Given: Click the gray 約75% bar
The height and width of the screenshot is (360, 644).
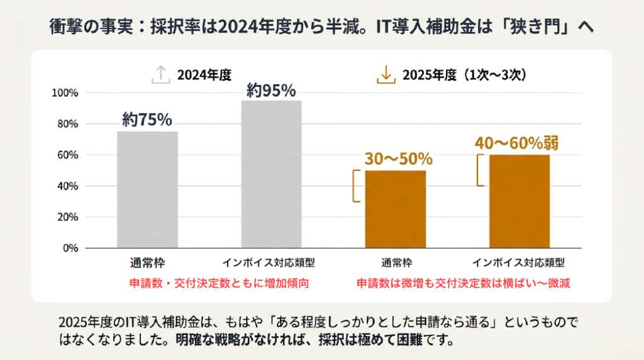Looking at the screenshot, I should [x=147, y=189].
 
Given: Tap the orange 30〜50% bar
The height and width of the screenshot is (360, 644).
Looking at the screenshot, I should [x=395, y=209].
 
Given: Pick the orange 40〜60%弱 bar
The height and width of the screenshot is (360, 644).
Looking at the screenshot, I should [x=519, y=201].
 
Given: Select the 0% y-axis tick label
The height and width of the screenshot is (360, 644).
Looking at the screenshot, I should [x=70, y=248].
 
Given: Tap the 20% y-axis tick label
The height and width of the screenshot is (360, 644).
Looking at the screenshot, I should [x=67, y=217].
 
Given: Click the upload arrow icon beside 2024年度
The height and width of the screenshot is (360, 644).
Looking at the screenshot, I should [x=161, y=76].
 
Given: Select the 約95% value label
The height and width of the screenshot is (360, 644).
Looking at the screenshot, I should [x=271, y=91].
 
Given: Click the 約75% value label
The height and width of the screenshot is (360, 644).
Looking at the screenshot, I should [x=147, y=120].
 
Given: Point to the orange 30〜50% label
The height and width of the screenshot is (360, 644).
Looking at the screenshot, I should [x=398, y=158].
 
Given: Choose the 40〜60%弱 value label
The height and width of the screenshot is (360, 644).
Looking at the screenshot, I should [x=516, y=143].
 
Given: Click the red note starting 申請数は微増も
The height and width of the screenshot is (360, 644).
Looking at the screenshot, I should [x=464, y=283].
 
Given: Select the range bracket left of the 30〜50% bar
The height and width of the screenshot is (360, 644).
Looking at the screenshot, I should [x=356, y=186].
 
